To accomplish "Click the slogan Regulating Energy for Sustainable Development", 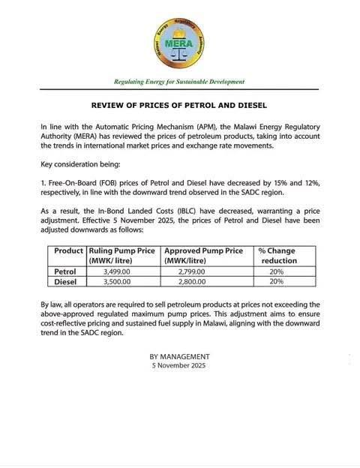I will pyautogui.click(x=179, y=81).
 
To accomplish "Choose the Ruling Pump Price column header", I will pyautogui.click(x=122, y=255).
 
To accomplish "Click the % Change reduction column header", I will pyautogui.click(x=277, y=255).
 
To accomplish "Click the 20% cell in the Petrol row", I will pyautogui.click(x=276, y=271).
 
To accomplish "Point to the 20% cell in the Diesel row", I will pyautogui.click(x=276, y=281).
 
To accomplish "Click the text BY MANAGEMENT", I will pyautogui.click(x=179, y=356).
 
